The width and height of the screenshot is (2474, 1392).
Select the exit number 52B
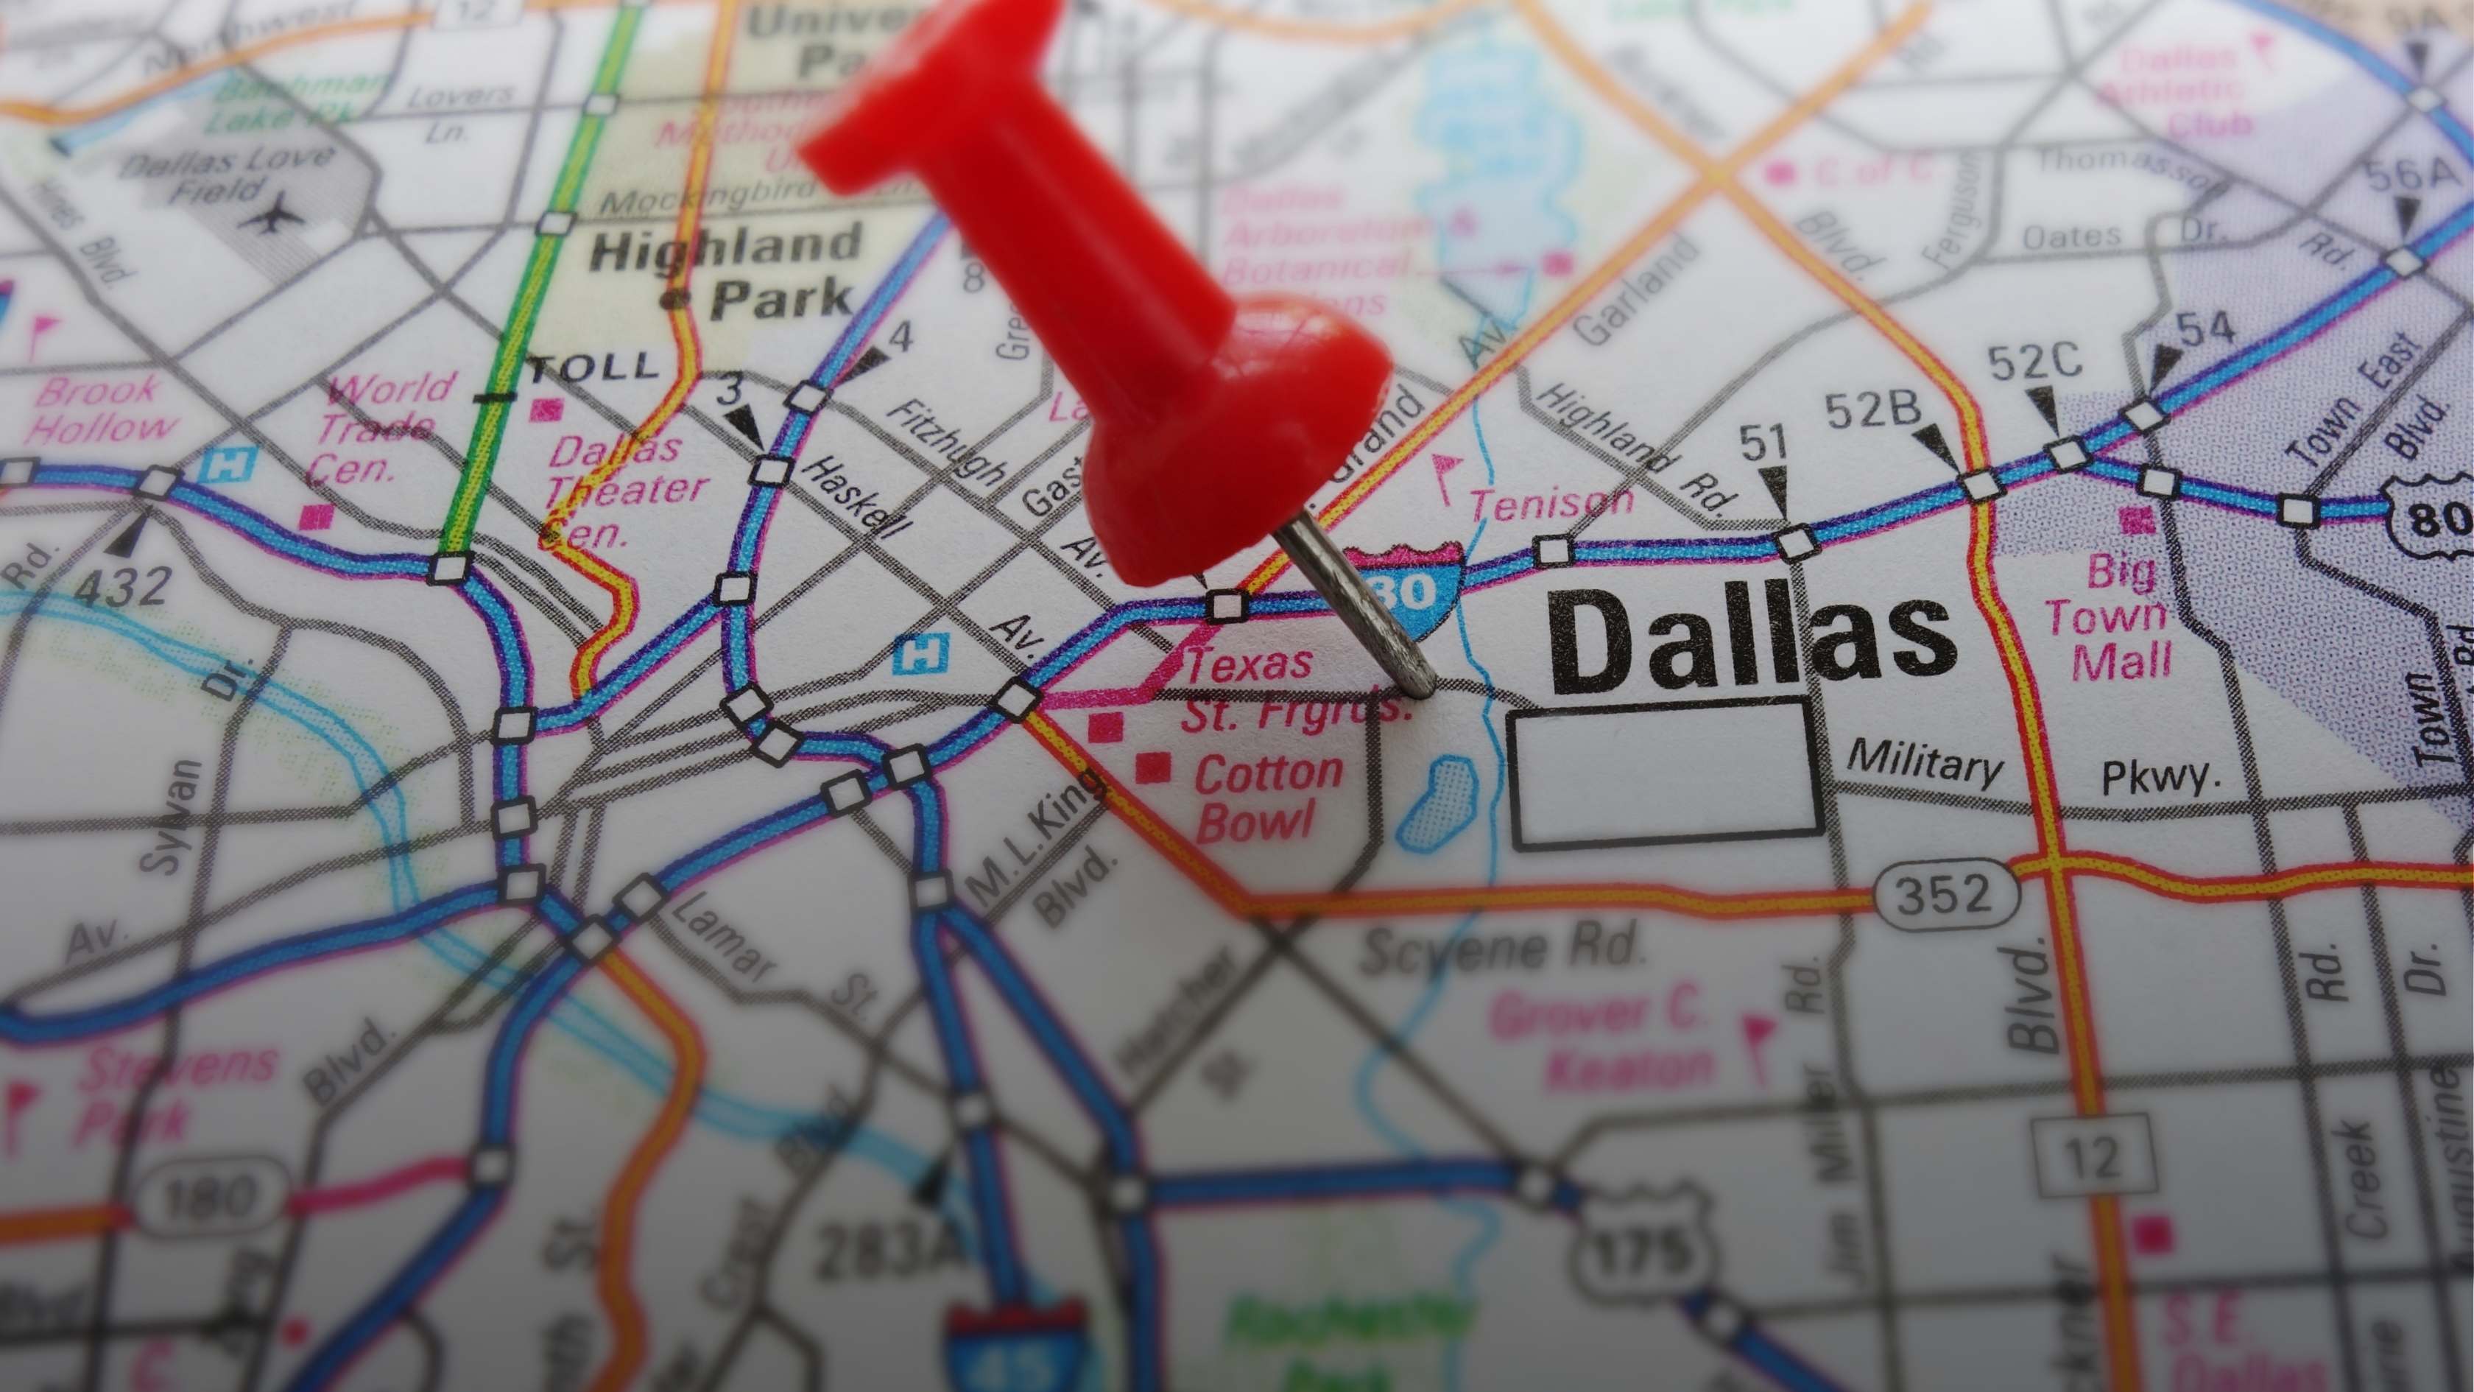coord(1872,412)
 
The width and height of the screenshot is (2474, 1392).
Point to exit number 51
coord(1765,444)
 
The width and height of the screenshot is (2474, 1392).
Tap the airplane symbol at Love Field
coord(275,214)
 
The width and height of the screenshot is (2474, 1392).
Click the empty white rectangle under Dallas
coord(1666,773)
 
